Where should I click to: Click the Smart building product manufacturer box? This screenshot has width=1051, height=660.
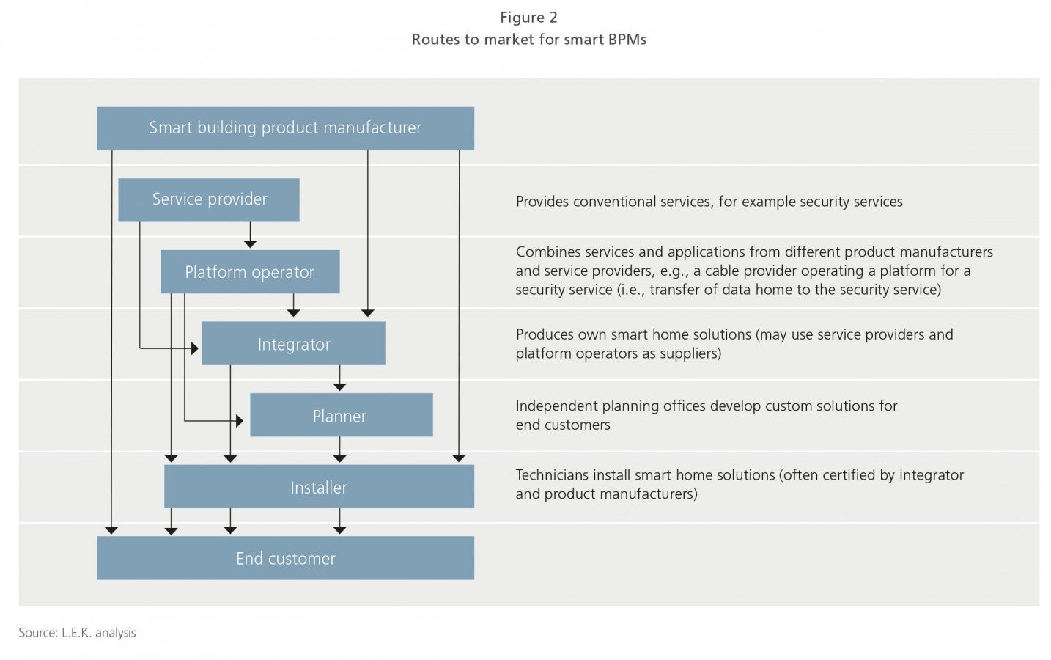click(285, 128)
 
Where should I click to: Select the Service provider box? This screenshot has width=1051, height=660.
click(209, 199)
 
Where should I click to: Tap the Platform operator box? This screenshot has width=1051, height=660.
click(250, 272)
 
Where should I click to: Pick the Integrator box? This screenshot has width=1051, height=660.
click(294, 343)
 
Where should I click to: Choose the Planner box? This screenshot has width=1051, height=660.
click(342, 415)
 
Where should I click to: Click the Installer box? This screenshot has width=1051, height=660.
click(319, 486)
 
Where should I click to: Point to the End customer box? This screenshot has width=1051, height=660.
click(285, 557)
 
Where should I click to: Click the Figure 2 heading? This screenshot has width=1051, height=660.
click(528, 18)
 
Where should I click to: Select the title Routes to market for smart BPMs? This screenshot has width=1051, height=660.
click(528, 40)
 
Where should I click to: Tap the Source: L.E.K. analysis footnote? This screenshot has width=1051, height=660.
click(78, 633)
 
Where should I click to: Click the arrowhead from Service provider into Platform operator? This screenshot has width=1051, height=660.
click(250, 244)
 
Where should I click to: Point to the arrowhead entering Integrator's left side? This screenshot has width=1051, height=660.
click(195, 348)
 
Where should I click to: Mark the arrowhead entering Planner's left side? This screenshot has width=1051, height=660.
click(240, 421)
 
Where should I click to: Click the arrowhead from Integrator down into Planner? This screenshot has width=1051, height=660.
click(339, 387)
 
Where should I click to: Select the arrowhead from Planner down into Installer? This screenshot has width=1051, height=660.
click(339, 458)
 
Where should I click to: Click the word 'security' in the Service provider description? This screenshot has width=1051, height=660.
click(821, 202)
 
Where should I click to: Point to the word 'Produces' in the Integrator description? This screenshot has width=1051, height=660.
click(545, 334)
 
